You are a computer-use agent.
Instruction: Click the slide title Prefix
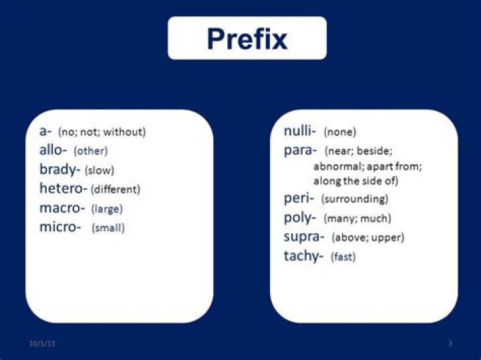[247, 39]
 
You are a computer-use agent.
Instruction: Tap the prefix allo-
[53, 150]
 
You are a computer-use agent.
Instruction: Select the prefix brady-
[59, 170]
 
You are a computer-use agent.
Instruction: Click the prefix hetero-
[63, 188]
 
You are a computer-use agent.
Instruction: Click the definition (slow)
[100, 170]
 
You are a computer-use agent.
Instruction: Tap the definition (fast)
[343, 256]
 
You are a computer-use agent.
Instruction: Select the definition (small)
[108, 228]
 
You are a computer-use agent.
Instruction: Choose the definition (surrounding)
[354, 199]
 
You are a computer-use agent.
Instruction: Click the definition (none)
[340, 132]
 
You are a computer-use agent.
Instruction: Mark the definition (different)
[116, 189]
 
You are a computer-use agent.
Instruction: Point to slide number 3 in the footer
[450, 343]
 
